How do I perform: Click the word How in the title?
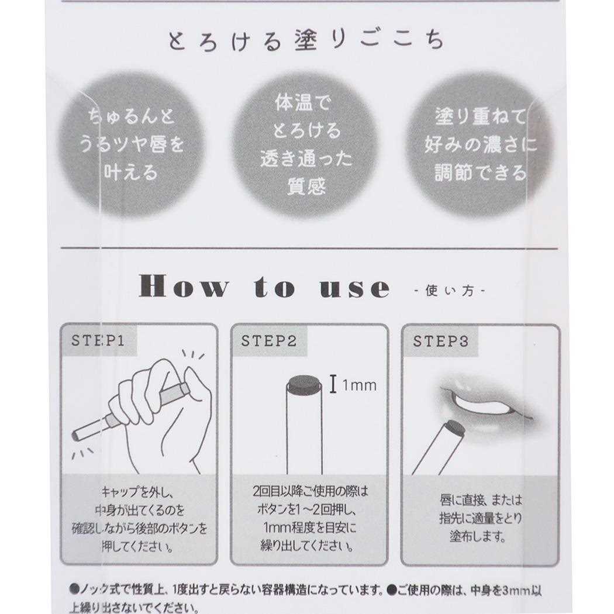[x=183, y=287]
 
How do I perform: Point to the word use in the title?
[x=356, y=288]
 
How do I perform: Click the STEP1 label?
[x=98, y=341]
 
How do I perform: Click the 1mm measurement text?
[x=358, y=385]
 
